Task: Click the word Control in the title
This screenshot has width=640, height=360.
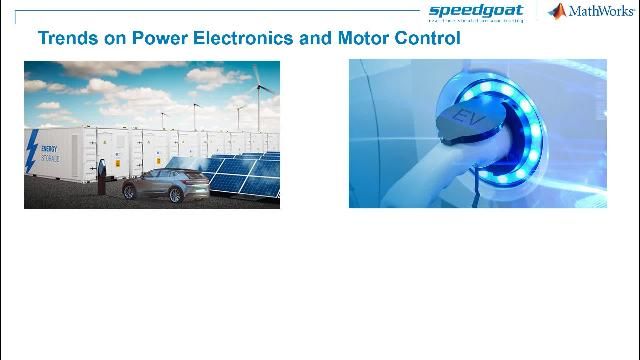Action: [429, 39]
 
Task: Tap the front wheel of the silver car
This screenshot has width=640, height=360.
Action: [176, 193]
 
